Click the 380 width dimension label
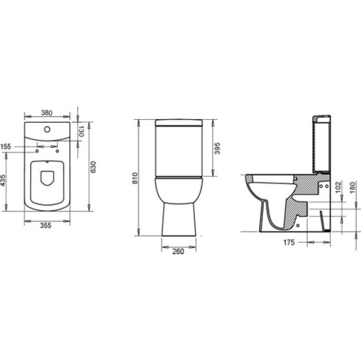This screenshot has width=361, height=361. point(47,113)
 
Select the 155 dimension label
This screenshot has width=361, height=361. point(6,147)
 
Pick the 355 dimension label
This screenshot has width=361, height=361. point(46,225)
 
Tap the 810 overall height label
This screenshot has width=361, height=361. point(135,178)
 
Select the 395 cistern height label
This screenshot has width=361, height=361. point(217,149)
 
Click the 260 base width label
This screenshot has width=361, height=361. point(178,252)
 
